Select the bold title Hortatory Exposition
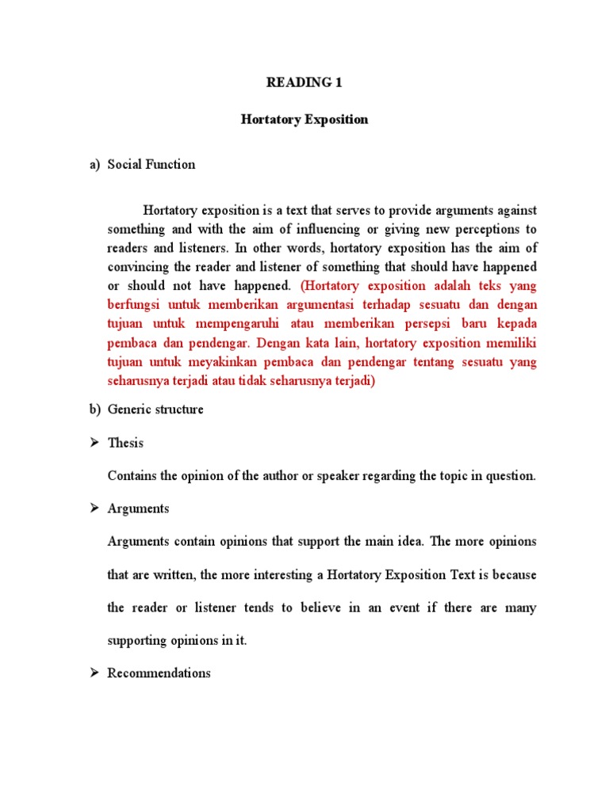pos(304,120)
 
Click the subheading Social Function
pos(151,165)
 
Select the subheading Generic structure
pos(155,409)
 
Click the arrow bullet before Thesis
pos(93,444)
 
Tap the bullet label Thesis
pos(125,444)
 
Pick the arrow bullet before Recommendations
pos(93,673)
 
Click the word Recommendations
pos(159,673)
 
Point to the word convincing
pos(139,267)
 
